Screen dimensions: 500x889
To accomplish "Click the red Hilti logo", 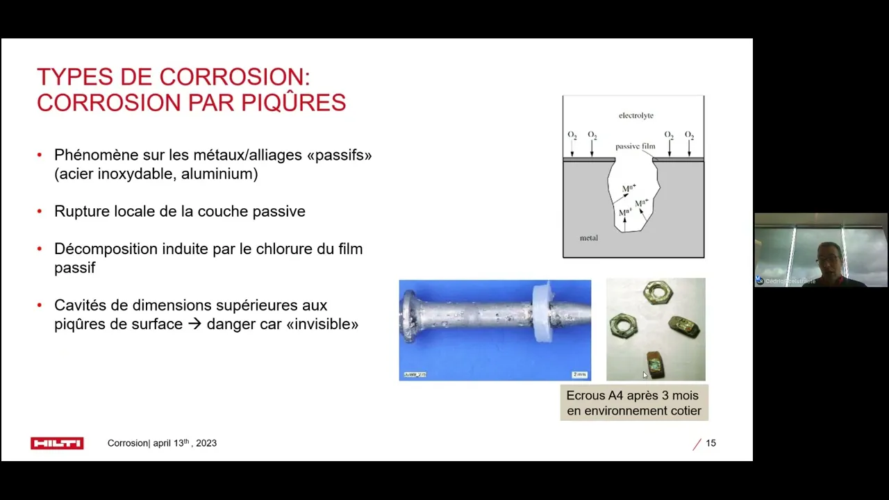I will [x=57, y=443].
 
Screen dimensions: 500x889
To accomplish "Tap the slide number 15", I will [x=711, y=443].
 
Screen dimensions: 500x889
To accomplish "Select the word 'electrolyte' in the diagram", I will [x=635, y=115].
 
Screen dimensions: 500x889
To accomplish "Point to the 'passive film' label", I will [x=635, y=146].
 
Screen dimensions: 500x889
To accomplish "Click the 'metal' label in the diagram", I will [x=588, y=237].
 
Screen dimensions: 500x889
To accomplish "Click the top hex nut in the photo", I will [x=656, y=292].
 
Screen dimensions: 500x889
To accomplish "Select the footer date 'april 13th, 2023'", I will [x=185, y=443].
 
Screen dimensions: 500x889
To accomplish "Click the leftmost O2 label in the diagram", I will [x=572, y=135].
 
